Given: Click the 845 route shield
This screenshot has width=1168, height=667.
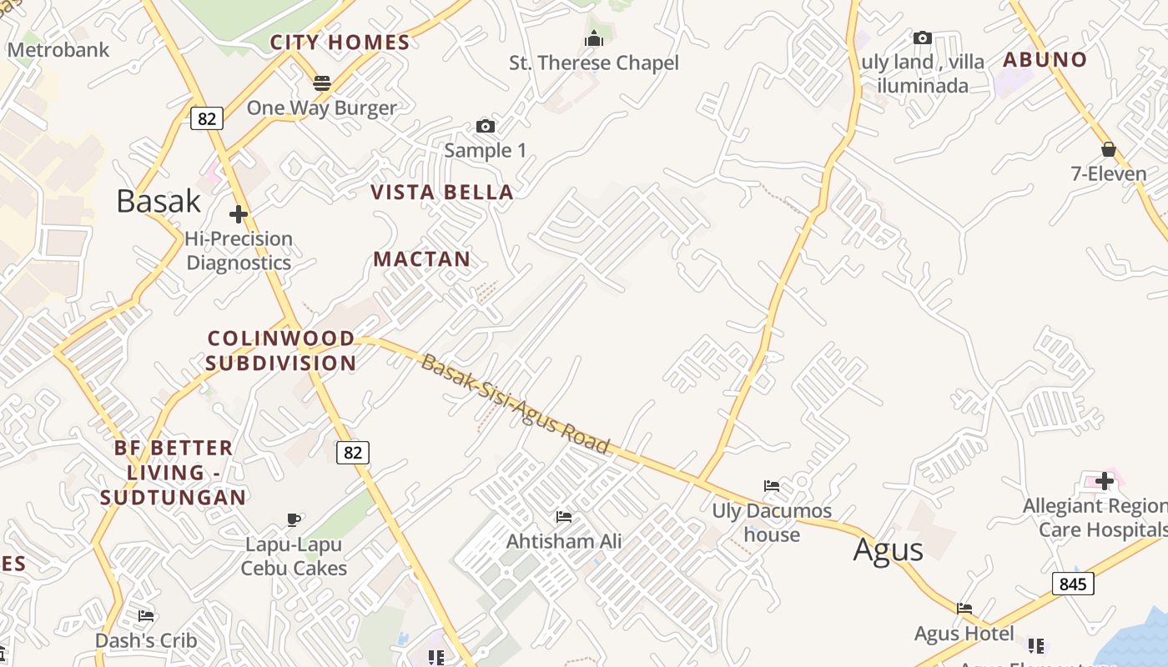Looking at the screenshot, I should click(x=1072, y=584).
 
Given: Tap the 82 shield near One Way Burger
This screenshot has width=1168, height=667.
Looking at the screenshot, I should click(x=207, y=118).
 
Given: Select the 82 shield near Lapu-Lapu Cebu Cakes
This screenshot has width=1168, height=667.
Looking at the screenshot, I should click(x=353, y=453).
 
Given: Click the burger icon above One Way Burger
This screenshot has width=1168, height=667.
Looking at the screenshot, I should click(x=322, y=83).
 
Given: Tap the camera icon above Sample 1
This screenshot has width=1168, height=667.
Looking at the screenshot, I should click(x=486, y=126).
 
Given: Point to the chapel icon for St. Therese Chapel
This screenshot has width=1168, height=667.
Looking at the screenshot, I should click(x=594, y=38).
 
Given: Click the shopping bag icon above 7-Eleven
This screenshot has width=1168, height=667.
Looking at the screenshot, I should click(x=1109, y=149).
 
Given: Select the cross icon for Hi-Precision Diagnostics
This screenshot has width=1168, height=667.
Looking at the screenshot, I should click(x=239, y=214).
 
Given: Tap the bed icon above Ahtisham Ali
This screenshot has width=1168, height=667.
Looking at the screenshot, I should click(x=564, y=517).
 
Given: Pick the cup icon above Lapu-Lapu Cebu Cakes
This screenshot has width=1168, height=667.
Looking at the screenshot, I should click(x=294, y=519).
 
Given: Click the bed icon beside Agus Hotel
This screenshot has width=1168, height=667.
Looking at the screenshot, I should click(x=964, y=609).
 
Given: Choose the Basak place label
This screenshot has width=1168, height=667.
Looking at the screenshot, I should click(x=159, y=201).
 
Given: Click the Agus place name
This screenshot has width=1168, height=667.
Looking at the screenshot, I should click(x=889, y=550).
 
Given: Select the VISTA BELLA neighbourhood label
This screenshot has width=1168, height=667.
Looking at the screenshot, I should click(x=442, y=193).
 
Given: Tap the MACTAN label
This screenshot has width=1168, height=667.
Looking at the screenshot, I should click(x=422, y=259).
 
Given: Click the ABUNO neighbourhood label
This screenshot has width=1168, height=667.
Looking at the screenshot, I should click(x=1045, y=60).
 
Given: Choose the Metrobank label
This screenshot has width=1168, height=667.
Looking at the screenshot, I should click(x=58, y=50).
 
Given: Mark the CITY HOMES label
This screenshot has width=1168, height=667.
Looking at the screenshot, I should click(x=340, y=43).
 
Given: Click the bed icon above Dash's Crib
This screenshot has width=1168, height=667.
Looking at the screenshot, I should click(x=146, y=616).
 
